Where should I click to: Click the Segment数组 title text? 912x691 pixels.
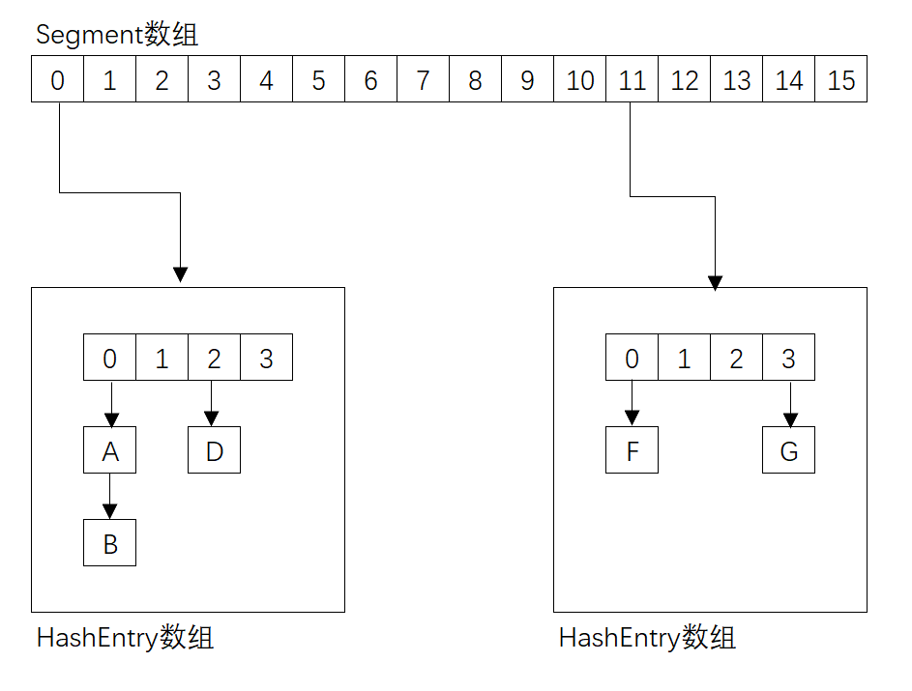(117, 36)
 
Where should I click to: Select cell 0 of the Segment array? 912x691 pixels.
(58, 80)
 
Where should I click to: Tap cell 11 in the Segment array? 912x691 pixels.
(633, 80)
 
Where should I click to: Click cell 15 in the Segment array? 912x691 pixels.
(841, 80)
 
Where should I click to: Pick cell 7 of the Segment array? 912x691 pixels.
(424, 80)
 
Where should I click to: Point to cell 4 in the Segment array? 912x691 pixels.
(267, 80)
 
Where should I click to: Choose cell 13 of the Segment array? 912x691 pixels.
(737, 80)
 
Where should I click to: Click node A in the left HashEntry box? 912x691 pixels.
(110, 451)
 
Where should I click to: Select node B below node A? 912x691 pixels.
(110, 543)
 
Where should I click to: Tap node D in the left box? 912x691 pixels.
(215, 451)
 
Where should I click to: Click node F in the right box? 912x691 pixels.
(633, 451)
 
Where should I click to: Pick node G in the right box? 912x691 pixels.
(789, 451)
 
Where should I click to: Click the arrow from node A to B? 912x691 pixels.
(110, 497)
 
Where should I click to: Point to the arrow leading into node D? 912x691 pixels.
(215, 404)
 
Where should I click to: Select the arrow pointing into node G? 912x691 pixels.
(789, 404)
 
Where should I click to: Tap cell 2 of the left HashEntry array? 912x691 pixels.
(215, 359)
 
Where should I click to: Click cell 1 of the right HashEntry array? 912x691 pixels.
(685, 359)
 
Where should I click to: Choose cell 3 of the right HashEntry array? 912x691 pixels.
(789, 359)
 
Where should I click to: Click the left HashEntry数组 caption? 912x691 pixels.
(125, 639)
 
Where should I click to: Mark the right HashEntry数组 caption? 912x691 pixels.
(647, 639)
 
